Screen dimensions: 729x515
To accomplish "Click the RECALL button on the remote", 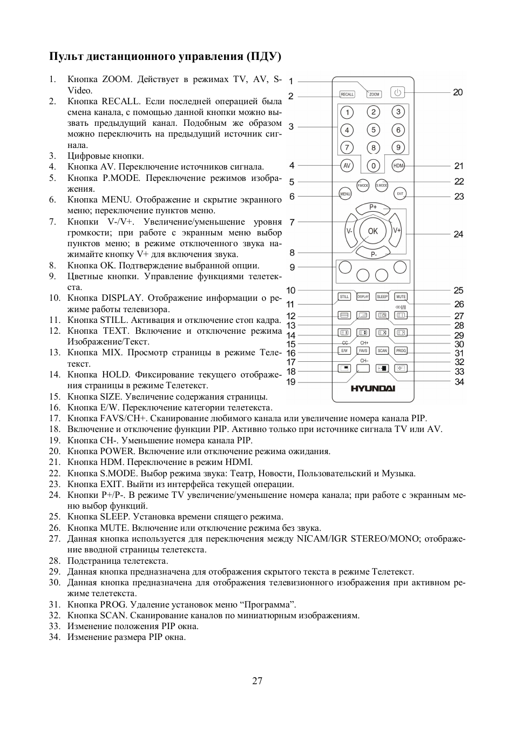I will point(347,94).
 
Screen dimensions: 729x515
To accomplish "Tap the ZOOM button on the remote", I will point(375,94).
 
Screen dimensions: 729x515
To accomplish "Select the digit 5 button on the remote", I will point(373,130).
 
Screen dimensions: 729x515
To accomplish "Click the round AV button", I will point(347,166).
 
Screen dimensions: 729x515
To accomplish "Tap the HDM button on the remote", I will point(398,166).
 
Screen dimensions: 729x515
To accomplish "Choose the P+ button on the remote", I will point(373,207).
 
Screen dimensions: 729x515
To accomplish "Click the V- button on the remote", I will point(349,231).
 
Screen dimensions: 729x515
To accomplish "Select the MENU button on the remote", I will point(345,194).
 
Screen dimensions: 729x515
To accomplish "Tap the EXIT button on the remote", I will point(400,194).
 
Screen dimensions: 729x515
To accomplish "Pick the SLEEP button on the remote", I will point(382,297).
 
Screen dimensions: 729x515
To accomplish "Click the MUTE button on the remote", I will point(401,297).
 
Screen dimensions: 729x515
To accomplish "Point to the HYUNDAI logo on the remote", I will point(373,388).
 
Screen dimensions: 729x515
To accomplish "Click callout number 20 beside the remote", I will point(458,92).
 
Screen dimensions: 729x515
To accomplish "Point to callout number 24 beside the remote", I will point(458,234).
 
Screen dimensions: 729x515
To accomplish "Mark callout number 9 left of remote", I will point(292,267).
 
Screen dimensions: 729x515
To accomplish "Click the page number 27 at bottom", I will point(257,680).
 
